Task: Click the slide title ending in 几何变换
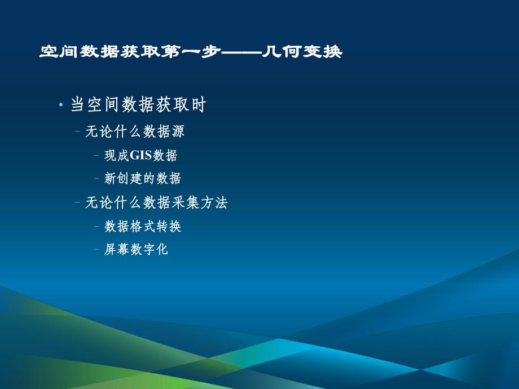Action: coord(191,52)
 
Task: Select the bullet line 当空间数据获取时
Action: coord(138,105)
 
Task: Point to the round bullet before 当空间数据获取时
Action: coord(61,105)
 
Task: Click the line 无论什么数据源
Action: coord(135,132)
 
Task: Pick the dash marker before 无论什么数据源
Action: coord(77,132)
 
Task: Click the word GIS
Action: coord(142,155)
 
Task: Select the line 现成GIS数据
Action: coord(141,155)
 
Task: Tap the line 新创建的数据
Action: coord(143,179)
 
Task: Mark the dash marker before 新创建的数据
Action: coord(97,179)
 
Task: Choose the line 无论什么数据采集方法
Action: coord(156,203)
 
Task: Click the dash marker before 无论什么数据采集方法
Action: coord(77,203)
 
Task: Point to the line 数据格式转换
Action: coord(143,227)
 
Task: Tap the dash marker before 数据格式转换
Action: coord(97,227)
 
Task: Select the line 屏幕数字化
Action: coord(137,249)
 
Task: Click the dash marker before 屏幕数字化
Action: coord(97,249)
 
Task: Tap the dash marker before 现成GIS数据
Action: coord(97,155)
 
